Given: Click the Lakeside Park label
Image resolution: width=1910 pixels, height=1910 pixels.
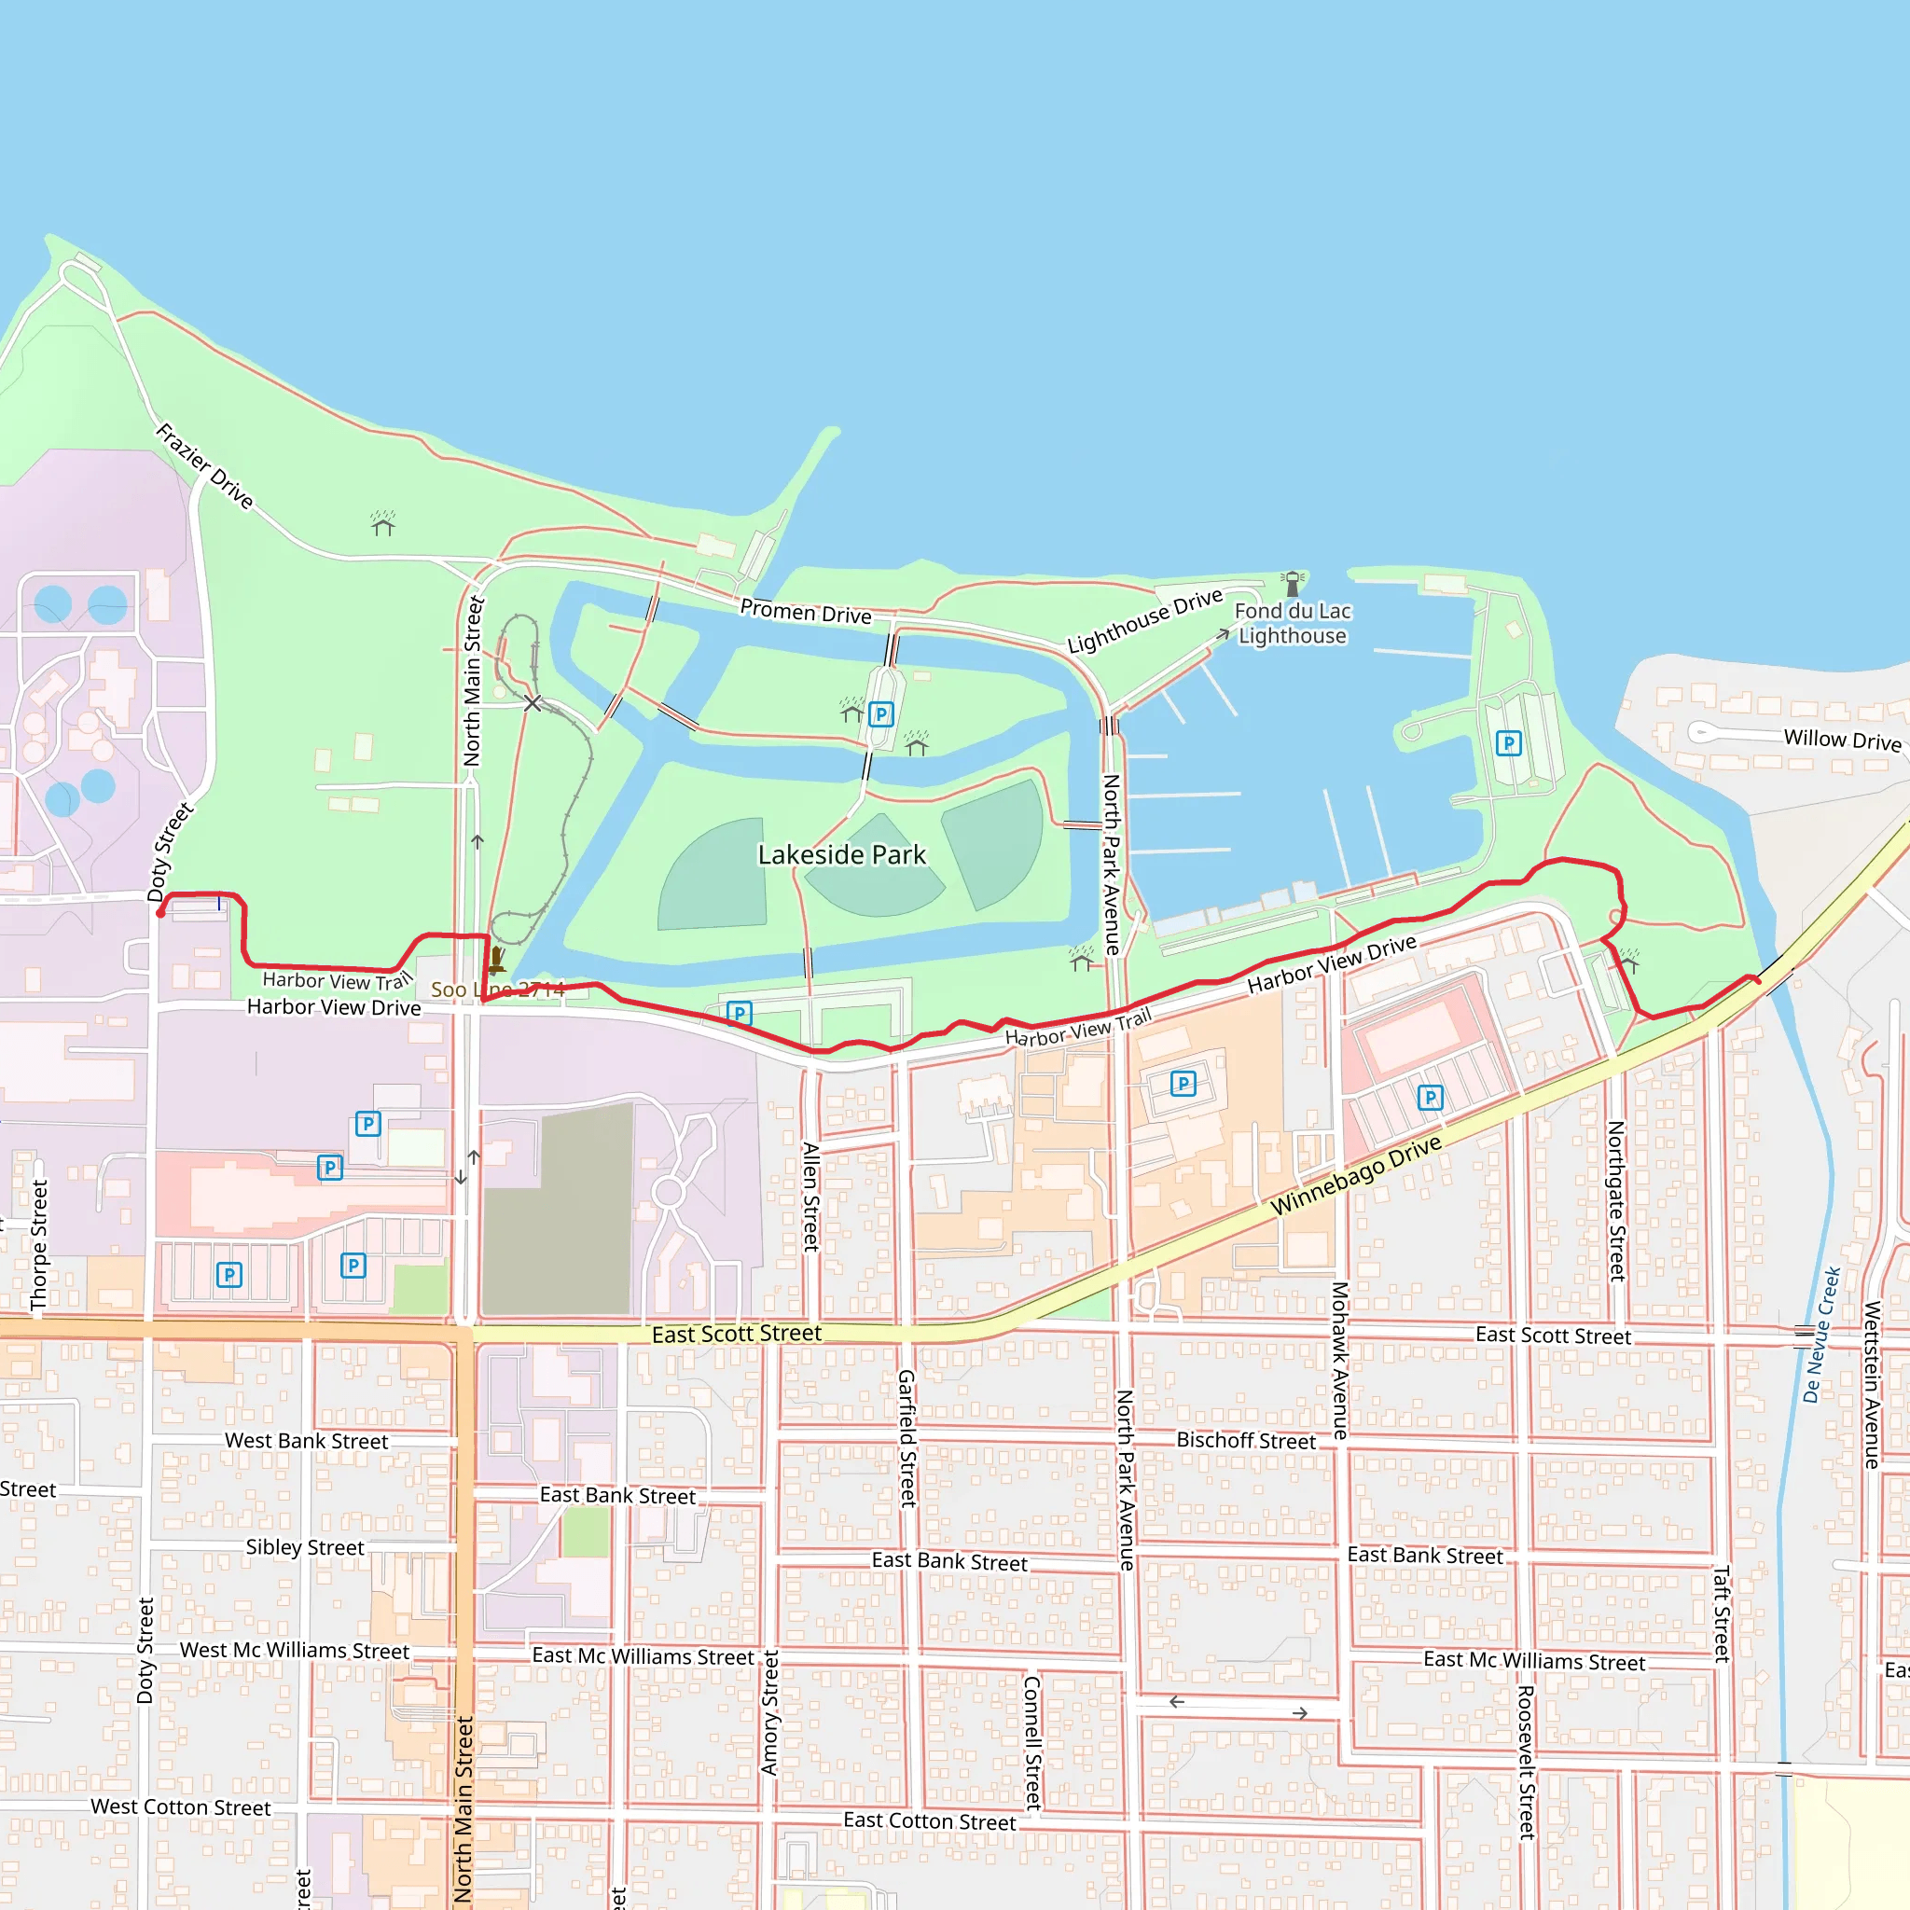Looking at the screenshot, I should point(841,854).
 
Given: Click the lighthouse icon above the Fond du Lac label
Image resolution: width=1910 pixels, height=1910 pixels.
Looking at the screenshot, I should point(1292,583).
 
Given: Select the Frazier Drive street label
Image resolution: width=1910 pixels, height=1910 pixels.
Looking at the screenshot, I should point(204,465).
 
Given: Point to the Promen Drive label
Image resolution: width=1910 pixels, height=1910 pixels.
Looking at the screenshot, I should point(806,612).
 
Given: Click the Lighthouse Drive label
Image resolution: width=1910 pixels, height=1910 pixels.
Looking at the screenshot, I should point(1145,621).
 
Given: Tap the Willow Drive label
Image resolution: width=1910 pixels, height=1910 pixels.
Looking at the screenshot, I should point(1842,740).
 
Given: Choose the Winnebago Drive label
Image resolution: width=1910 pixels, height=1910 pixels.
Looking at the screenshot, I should point(1355,1175).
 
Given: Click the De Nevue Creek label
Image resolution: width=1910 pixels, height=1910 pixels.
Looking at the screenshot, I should point(1820,1334).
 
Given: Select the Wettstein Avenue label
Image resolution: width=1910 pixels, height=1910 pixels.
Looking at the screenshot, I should point(1872,1384).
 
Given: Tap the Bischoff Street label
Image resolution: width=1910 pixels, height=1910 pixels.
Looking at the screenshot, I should point(1246,1440).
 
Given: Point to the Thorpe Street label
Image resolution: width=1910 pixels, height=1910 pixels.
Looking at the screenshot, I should point(39,1246).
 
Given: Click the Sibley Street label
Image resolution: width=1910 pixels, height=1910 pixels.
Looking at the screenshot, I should point(304,1547).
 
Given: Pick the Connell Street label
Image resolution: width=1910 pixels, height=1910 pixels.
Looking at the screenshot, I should point(1032,1742).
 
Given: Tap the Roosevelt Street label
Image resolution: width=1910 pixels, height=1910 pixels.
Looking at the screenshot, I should point(1527,1762).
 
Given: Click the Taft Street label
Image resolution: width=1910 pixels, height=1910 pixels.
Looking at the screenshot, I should point(1722,1613).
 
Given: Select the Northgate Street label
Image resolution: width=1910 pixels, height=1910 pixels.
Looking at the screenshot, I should point(1616,1201).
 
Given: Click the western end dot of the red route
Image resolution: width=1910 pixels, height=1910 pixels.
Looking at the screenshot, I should point(160,913).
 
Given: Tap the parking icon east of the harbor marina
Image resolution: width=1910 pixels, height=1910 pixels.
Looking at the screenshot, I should point(1508,742).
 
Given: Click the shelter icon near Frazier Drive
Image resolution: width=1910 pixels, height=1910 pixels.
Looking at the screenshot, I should point(382,523).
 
